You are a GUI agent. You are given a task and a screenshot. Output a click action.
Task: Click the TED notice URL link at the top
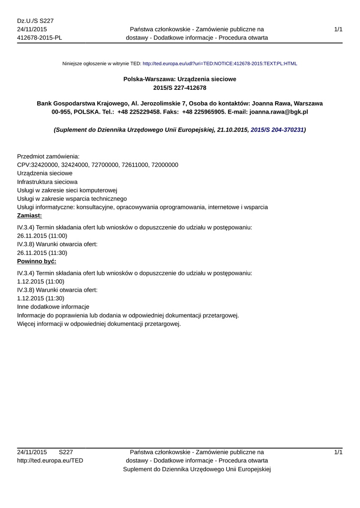pyautogui.click(x=219, y=64)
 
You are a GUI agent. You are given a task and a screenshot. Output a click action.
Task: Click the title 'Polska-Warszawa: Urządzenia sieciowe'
pyautogui.click(x=180, y=79)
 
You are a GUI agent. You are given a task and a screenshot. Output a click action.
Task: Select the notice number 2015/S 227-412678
pyautogui.click(x=180, y=88)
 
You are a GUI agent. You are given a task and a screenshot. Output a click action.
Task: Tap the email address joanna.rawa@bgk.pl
pyautogui.click(x=279, y=112)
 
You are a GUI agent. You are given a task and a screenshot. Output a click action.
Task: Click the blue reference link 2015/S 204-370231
pyautogui.click(x=277, y=129)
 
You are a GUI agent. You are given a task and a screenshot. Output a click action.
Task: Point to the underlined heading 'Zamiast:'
pyautogui.click(x=30, y=216)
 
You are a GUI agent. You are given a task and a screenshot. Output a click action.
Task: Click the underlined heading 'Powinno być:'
pyautogui.click(x=37, y=261)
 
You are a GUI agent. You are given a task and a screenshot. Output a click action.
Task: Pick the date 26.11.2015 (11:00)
pyautogui.click(x=42, y=236)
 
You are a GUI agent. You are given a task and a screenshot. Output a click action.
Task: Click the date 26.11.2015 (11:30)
pyautogui.click(x=42, y=253)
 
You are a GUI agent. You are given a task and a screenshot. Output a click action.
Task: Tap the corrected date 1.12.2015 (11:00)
pyautogui.click(x=41, y=281)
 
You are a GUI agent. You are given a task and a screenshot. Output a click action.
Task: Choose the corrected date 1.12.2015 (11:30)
pyautogui.click(x=41, y=298)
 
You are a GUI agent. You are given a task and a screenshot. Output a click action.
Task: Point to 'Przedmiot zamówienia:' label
pyautogui.click(x=48, y=156)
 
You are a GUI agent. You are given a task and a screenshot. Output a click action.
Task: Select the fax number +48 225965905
pyautogui.click(x=204, y=112)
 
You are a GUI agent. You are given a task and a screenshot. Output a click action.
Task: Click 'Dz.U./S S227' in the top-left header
pyautogui.click(x=35, y=21)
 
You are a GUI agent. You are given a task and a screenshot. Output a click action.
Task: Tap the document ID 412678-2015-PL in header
pyautogui.click(x=40, y=38)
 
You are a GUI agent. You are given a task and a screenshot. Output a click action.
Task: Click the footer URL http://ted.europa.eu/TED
pyautogui.click(x=50, y=460)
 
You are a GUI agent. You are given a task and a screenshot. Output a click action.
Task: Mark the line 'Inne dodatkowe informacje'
pyautogui.click(x=53, y=307)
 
